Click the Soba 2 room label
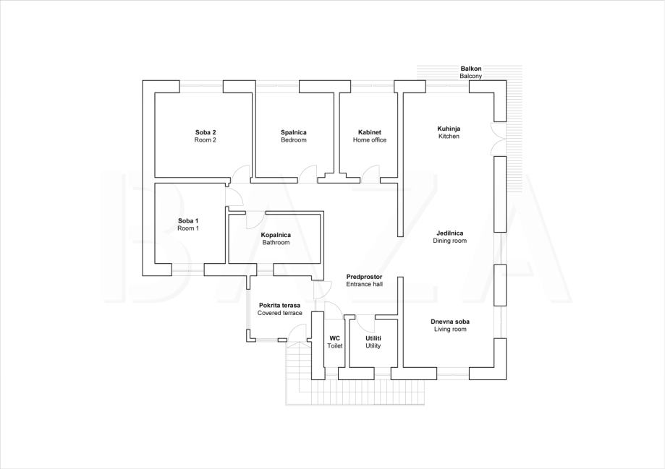coord(206,133)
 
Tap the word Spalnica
coord(294,133)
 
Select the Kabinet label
coord(369,133)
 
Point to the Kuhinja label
coord(449,129)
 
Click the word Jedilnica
coord(450,233)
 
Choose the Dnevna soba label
coord(450,322)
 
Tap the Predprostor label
coord(364,277)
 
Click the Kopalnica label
coord(276,235)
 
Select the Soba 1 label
coord(188,220)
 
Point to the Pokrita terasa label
coord(279,305)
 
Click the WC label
coord(334,338)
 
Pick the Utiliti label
coord(373,338)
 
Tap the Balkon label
coord(471,69)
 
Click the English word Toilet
coord(334,345)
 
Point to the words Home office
coord(369,139)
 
